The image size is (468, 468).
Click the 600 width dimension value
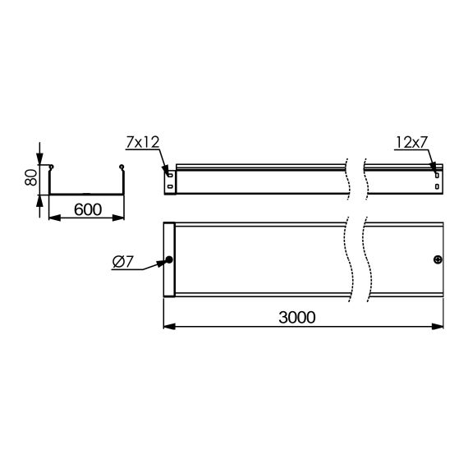click(87, 209)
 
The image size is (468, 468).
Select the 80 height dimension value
click(31, 177)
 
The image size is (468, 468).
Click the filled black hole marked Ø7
click(170, 260)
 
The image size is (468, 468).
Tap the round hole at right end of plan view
click(437, 260)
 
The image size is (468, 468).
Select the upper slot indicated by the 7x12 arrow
click(169, 174)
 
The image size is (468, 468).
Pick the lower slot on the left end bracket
click(169, 186)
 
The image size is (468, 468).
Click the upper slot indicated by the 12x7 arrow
click(437, 174)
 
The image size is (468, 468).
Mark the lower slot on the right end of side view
click(437, 186)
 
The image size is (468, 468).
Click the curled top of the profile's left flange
click(52, 168)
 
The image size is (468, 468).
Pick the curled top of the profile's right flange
click(123, 168)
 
